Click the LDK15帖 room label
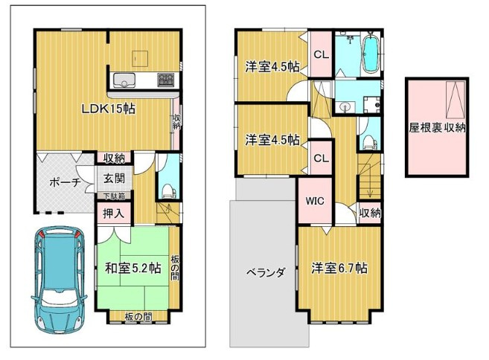(x=108, y=108)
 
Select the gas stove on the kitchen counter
(x=165, y=79)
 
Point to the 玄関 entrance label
(x=114, y=178)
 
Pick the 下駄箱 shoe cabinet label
(x=114, y=196)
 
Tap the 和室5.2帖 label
(x=132, y=269)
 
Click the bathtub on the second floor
(x=371, y=54)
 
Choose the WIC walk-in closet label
(x=313, y=201)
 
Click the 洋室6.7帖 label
(x=339, y=269)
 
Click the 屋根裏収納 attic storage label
(x=437, y=127)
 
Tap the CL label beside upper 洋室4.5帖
(x=321, y=54)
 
